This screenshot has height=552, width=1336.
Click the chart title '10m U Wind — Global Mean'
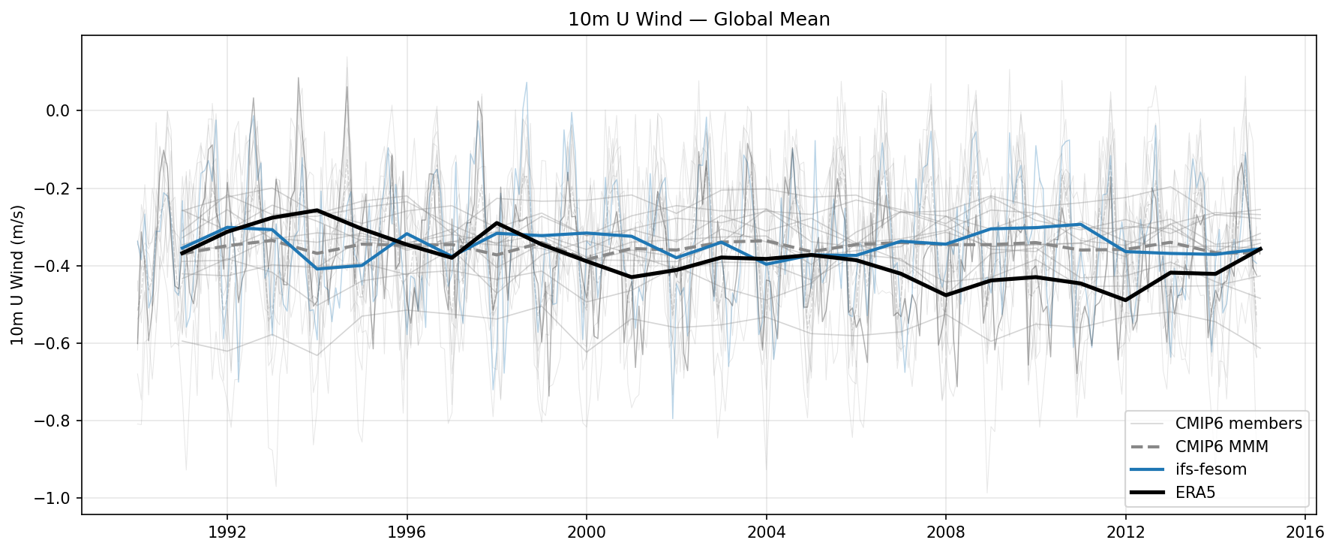[698, 20]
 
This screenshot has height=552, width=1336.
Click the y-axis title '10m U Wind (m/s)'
[17, 275]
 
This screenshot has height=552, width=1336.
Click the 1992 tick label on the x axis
[227, 532]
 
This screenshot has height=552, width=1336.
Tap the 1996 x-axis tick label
[407, 532]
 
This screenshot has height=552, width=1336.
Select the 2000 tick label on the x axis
[586, 532]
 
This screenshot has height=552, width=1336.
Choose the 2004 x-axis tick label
[766, 532]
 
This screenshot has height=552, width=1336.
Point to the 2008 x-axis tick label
[945, 532]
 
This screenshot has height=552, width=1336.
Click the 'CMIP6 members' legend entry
[1238, 424]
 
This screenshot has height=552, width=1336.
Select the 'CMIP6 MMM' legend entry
[1221, 447]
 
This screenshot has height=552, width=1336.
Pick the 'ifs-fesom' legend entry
[1210, 469]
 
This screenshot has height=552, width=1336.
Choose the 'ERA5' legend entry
[1194, 493]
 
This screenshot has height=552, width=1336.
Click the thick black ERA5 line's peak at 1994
[317, 210]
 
